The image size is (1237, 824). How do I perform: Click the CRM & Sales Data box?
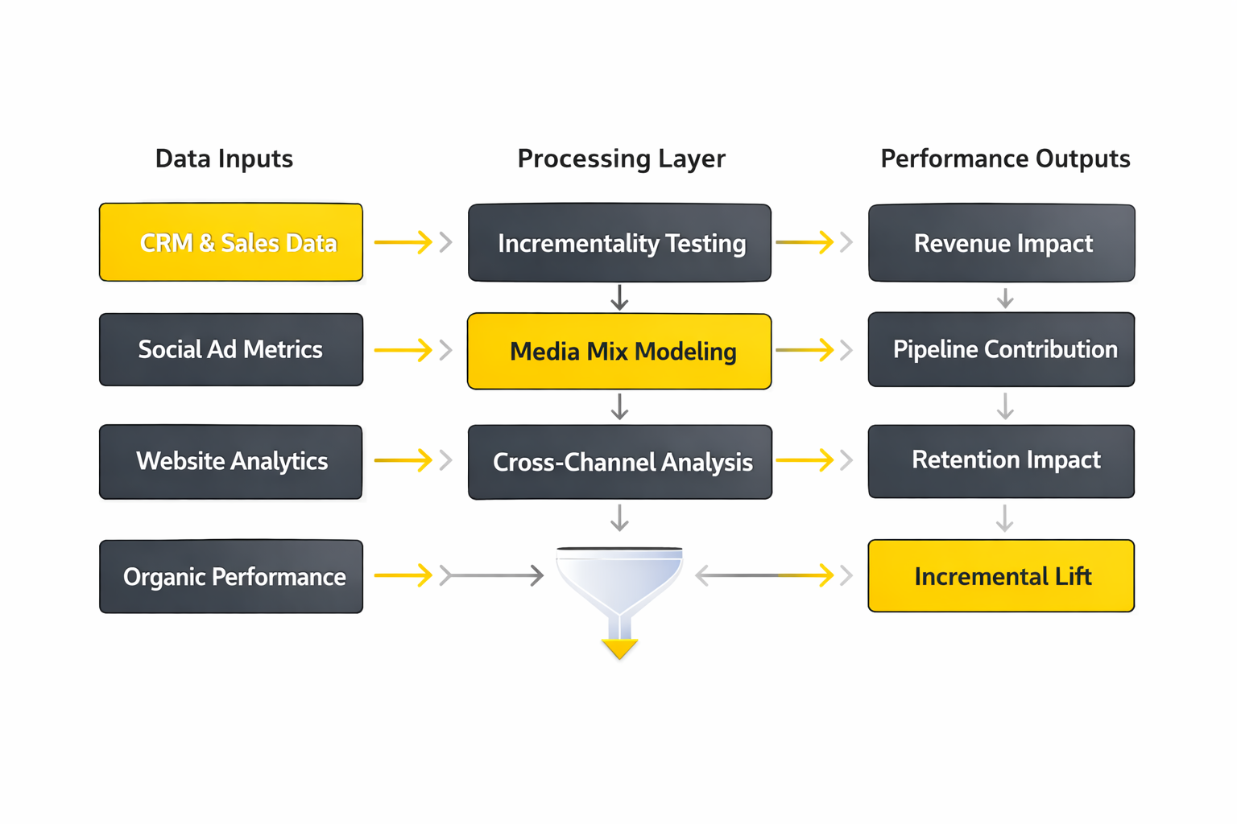click(x=231, y=242)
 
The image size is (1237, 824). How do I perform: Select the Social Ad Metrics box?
click(x=231, y=350)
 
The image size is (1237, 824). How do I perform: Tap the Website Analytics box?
click(x=231, y=461)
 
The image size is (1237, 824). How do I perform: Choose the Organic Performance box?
click(x=231, y=576)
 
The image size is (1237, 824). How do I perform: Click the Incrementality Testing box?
click(x=619, y=242)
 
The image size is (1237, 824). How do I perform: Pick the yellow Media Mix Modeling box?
click(x=619, y=352)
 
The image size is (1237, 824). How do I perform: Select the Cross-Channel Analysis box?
click(x=619, y=462)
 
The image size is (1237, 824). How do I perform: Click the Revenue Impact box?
click(x=1001, y=242)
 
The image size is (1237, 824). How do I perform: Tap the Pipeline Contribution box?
click(x=1001, y=349)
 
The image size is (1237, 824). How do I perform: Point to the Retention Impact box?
click(x=1001, y=460)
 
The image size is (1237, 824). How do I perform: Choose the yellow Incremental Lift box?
click(x=1001, y=576)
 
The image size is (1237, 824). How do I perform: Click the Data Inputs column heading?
click(x=224, y=159)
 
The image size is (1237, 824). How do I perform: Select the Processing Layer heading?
click(x=621, y=159)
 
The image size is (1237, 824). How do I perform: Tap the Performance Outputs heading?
click(x=1005, y=159)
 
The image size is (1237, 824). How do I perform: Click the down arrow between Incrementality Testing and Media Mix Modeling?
click(x=619, y=297)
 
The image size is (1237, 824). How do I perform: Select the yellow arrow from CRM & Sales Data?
click(x=403, y=241)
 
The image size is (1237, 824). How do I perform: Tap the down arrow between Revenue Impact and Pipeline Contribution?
click(x=1004, y=298)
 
